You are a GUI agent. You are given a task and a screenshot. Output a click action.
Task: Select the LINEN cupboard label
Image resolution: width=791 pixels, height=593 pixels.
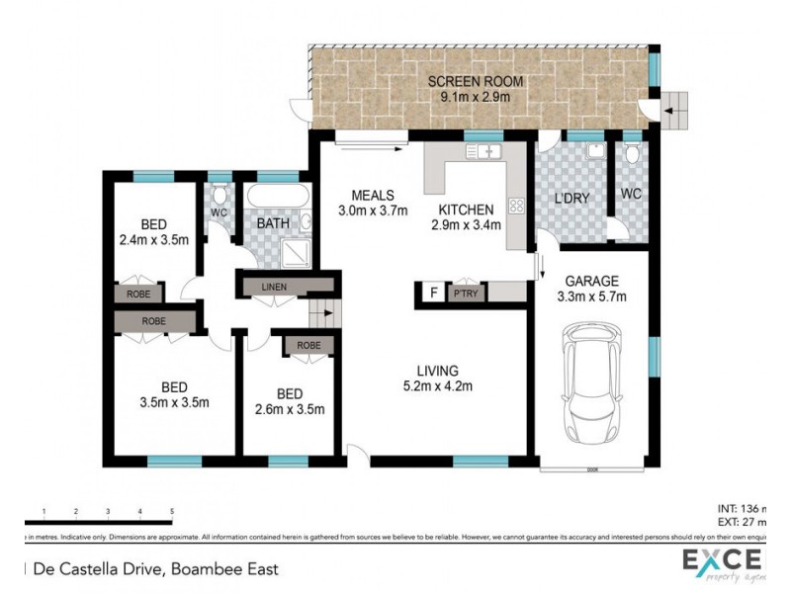tap(275, 287)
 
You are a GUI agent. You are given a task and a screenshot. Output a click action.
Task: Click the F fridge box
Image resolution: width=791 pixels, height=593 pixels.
tap(431, 293)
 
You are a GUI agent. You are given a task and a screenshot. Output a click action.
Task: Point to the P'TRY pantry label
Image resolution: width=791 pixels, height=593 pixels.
tap(463, 293)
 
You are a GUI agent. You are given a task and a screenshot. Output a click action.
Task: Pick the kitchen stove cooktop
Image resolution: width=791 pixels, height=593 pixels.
tap(514, 208)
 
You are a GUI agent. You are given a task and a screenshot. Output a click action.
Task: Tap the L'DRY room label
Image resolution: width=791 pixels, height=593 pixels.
tap(571, 198)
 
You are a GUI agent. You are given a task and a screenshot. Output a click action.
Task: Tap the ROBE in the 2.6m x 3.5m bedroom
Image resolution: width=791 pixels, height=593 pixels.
tap(308, 345)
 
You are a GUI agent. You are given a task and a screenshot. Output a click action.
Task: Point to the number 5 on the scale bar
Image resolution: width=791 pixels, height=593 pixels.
tap(172, 512)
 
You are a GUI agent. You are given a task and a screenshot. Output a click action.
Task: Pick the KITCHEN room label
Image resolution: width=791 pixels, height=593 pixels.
tap(466, 210)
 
